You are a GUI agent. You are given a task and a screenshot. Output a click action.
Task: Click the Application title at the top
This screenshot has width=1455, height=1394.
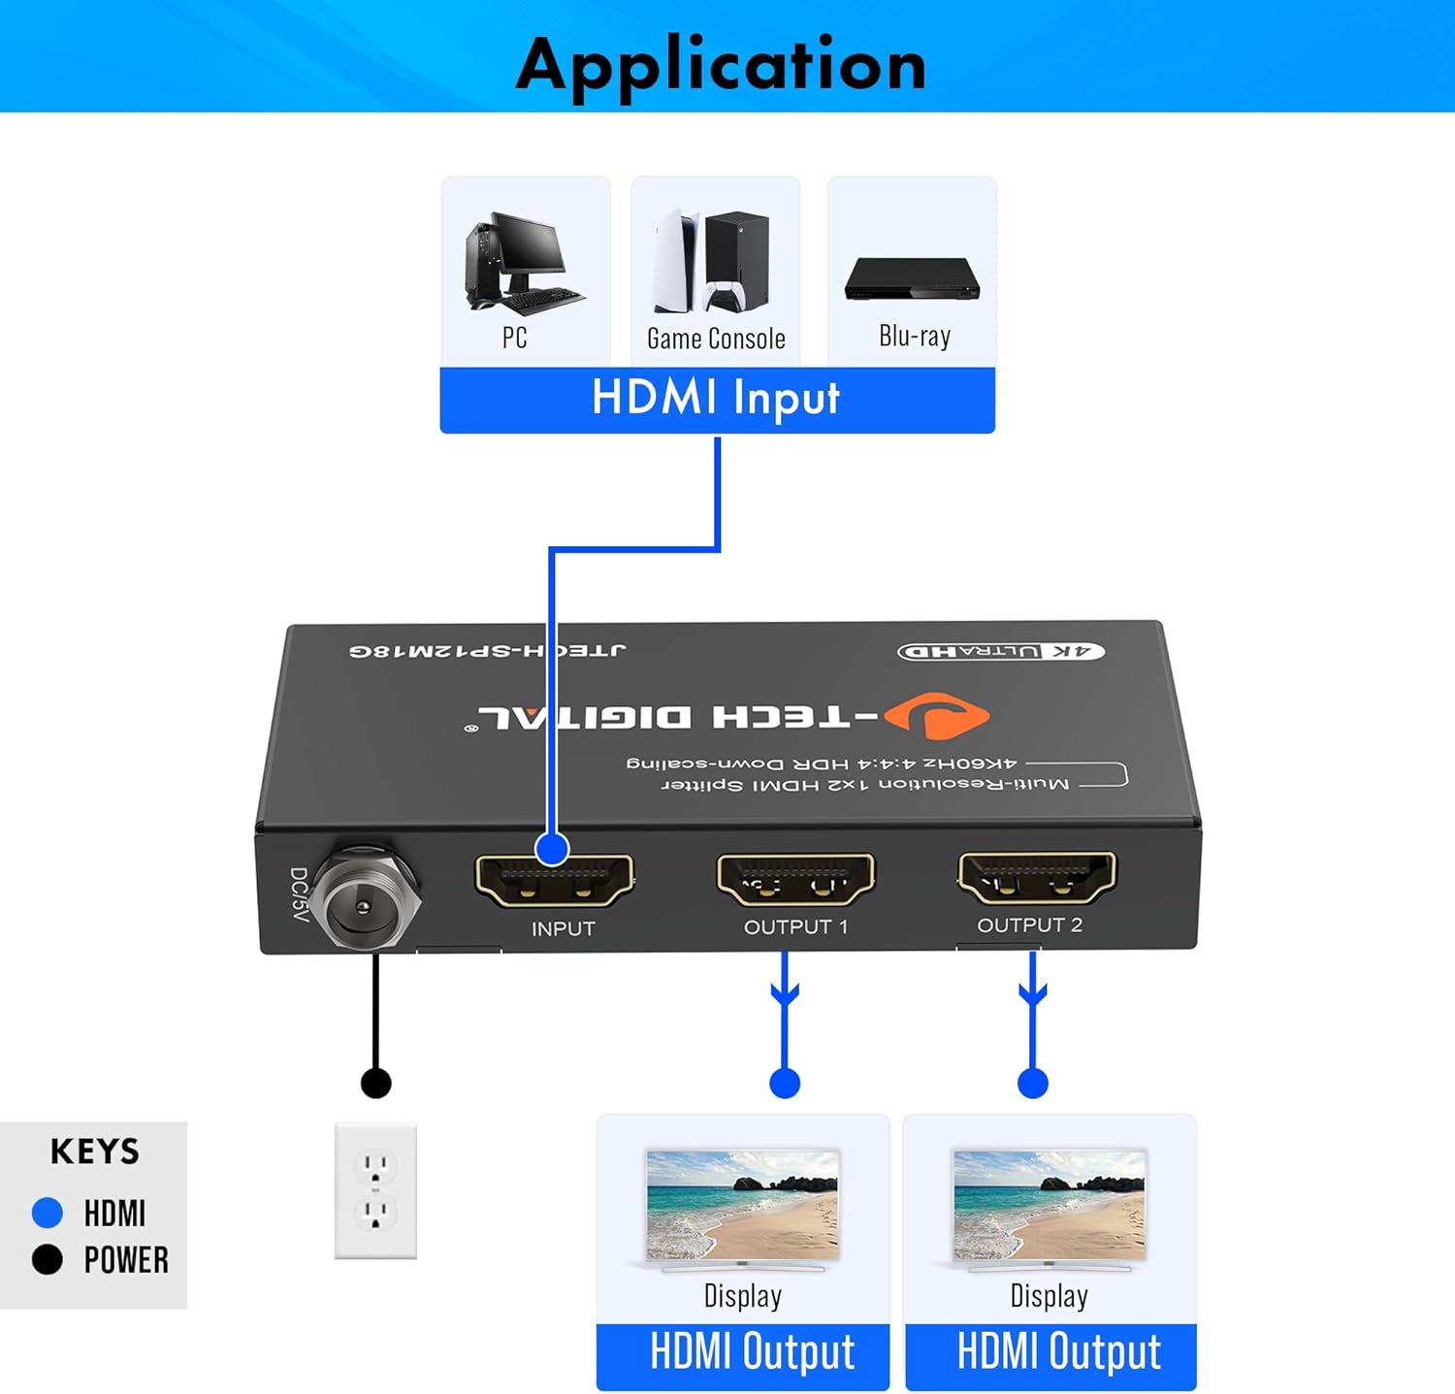[721, 64]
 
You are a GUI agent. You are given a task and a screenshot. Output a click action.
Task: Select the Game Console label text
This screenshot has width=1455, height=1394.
[716, 339]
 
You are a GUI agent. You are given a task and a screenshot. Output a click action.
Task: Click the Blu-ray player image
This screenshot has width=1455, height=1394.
[912, 278]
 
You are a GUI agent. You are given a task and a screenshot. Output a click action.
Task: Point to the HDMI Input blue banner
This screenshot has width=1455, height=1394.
[717, 399]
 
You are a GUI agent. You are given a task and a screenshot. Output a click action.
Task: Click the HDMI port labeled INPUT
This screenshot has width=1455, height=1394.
[554, 880]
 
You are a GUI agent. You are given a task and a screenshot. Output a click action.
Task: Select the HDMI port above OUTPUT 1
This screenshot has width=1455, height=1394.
[795, 878]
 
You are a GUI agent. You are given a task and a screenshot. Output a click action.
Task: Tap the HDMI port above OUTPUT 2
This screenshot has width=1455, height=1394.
[1037, 876]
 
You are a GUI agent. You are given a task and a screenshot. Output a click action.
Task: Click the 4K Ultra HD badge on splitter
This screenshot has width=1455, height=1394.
[1001, 651]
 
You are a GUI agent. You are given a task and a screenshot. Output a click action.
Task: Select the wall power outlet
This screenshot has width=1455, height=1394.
[375, 1190]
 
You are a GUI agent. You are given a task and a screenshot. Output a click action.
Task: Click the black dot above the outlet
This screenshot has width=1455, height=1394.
[375, 1083]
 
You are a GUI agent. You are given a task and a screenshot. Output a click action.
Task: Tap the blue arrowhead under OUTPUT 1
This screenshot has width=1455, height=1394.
[785, 993]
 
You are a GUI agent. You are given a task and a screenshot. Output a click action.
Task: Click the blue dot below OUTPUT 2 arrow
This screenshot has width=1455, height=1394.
[1033, 1083]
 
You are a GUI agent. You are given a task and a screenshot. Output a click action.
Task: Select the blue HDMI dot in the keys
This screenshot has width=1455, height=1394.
[47, 1212]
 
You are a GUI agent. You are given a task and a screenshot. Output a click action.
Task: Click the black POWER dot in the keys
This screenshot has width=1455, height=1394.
[47, 1259]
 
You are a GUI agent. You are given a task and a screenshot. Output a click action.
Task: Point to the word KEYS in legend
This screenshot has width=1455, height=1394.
[95, 1151]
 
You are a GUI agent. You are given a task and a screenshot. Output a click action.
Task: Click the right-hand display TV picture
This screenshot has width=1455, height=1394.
[1049, 1206]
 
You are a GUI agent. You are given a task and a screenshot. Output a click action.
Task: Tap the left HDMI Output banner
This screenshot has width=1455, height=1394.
[743, 1353]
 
